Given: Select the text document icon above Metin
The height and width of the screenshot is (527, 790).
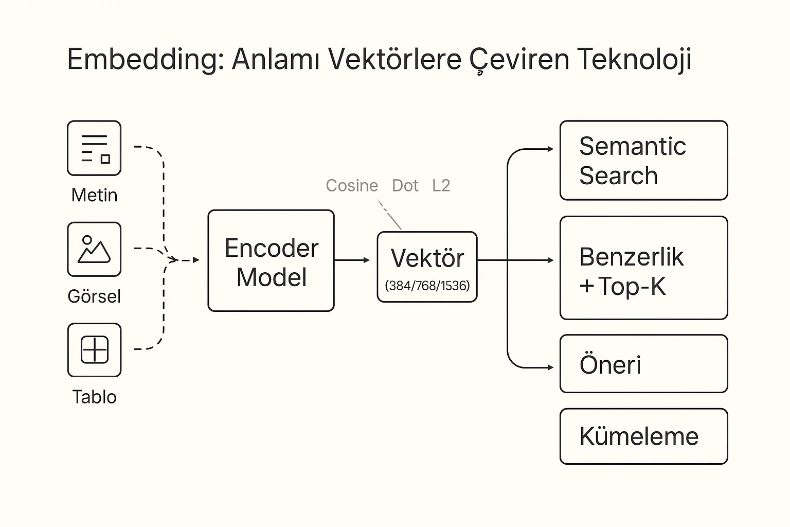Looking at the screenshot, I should (94, 148).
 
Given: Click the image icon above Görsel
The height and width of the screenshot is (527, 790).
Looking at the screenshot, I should (94, 250).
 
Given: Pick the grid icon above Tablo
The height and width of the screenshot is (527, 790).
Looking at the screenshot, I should (94, 350).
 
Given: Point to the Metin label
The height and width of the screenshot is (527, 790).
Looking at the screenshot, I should (94, 195).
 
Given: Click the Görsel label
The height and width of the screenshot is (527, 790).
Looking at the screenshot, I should (94, 296).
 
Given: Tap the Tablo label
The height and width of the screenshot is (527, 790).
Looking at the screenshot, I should (94, 397).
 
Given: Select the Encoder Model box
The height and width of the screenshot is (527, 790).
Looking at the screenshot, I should (271, 260).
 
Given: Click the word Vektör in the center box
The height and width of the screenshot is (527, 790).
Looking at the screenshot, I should (427, 258).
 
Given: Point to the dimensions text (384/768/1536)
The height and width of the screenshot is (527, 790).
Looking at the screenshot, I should (427, 286).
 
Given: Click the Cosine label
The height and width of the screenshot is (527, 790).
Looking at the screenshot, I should (352, 185).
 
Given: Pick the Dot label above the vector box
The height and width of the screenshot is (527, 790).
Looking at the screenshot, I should (405, 185).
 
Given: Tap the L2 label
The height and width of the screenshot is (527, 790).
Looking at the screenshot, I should (441, 185).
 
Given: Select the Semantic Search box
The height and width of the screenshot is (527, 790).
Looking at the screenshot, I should (643, 161).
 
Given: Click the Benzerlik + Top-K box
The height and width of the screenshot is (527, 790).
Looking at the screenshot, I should (643, 268).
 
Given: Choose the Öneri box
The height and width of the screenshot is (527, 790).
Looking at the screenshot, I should (643, 364).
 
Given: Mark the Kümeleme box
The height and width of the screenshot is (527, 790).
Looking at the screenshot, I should (643, 436).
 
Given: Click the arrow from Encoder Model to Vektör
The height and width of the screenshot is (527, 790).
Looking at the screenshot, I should (352, 260).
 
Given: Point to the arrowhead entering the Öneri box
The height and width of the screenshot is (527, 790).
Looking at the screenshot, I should (550, 367).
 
